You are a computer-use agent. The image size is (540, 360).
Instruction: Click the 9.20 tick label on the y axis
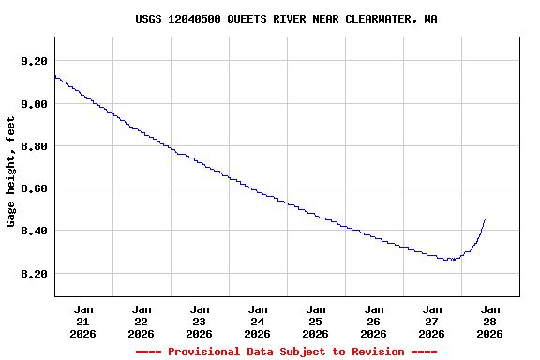pos(34,61)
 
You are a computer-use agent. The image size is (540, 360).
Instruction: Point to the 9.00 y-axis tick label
pos(34,103)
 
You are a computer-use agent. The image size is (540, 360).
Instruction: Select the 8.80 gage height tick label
pos(34,146)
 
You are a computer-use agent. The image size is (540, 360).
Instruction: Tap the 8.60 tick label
pos(34,188)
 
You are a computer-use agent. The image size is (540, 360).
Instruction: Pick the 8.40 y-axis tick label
pos(34,231)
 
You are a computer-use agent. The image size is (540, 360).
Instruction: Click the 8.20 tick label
pos(34,274)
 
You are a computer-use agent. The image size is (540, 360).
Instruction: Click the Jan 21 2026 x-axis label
pos(83,321)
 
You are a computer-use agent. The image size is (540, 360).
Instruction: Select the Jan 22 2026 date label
pos(142,321)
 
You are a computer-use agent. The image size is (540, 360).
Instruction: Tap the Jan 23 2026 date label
pos(200,321)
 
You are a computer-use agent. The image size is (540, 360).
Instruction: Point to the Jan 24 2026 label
pos(258,321)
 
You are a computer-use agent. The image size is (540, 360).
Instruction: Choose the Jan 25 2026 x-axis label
pos(316,321)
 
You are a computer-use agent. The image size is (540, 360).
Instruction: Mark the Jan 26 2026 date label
pos(374,321)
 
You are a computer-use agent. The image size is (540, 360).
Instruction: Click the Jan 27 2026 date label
pos(432,321)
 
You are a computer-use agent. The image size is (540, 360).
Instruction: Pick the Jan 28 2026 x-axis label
pos(490,321)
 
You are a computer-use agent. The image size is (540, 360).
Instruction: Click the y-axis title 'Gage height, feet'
pos(11,172)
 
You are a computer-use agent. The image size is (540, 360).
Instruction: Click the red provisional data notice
pos(286,352)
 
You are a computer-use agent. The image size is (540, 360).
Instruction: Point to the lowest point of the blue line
pos(451,259)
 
